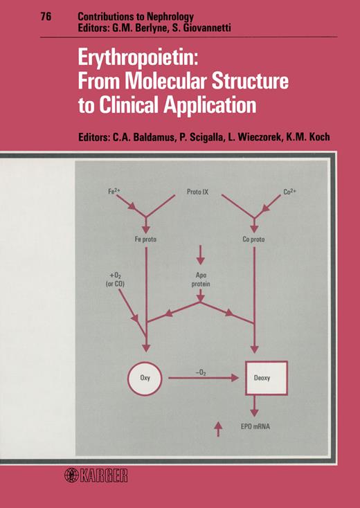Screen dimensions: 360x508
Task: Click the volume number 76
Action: point(46,16)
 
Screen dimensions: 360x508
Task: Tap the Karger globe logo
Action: point(71,475)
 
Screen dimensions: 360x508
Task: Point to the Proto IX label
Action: point(198,192)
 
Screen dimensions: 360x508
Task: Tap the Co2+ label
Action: point(289,192)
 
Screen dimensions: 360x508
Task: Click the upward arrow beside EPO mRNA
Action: point(218,428)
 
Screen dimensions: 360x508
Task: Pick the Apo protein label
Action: point(201,280)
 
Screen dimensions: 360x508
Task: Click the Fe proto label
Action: point(145,239)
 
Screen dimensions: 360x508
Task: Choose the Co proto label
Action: point(253,239)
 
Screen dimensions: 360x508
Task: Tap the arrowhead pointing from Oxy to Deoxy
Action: point(235,378)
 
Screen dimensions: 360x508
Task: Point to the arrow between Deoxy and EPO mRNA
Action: point(254,406)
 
